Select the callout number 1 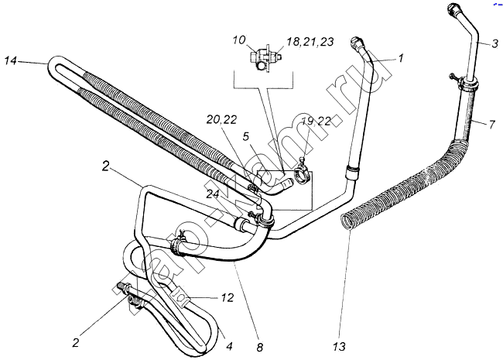402,57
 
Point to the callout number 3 491,45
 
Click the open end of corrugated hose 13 350,223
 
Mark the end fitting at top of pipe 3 454,13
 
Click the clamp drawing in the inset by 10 263,58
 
